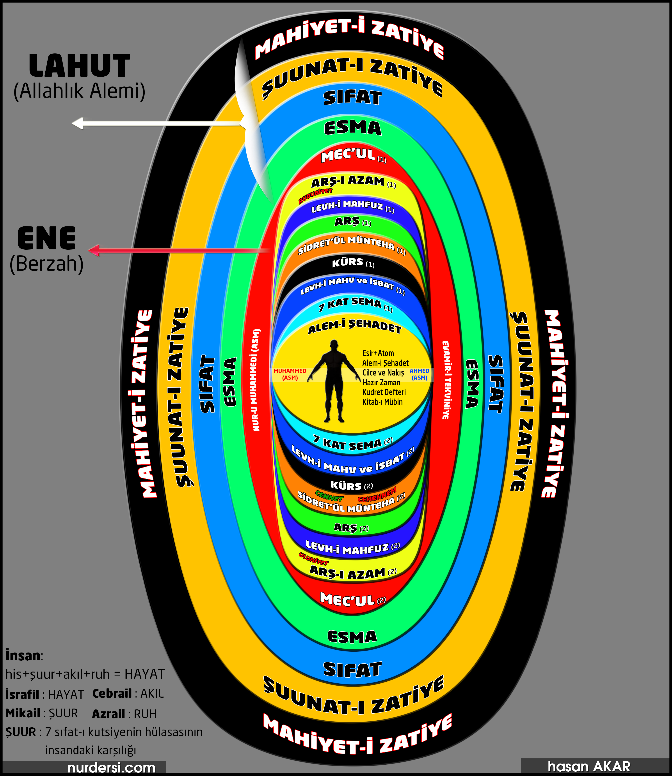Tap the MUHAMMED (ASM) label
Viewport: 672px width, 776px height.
(290, 374)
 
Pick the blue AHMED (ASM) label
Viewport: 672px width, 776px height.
(419, 374)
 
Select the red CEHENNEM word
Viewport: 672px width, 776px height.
(377, 495)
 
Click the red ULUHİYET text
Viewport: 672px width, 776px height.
(313, 559)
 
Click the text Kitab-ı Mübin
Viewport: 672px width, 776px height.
(382, 402)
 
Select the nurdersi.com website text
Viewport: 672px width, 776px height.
(111, 767)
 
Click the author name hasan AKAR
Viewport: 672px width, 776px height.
(589, 766)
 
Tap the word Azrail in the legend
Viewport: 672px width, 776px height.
(108, 714)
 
